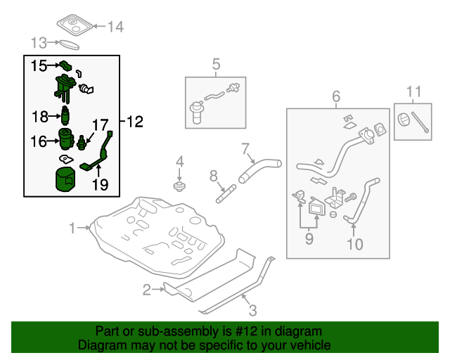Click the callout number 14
(x=115, y=27)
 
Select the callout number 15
(x=39, y=65)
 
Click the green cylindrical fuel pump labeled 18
(x=65, y=115)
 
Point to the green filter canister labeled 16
(x=65, y=139)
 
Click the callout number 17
(x=100, y=125)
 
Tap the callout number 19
(x=100, y=185)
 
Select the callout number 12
(x=134, y=122)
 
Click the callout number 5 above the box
(x=216, y=64)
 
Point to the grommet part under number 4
(x=179, y=186)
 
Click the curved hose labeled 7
(x=260, y=170)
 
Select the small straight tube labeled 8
(x=226, y=194)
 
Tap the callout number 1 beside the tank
(x=72, y=229)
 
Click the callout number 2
(x=147, y=290)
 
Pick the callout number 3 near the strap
(x=252, y=310)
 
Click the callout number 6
(x=336, y=96)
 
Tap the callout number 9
(x=309, y=239)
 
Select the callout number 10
(x=355, y=244)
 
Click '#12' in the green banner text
(x=246, y=331)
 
